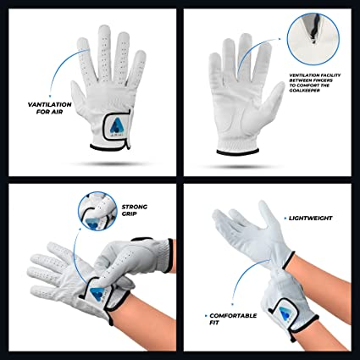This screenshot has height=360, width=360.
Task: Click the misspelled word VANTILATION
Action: coord(49,104)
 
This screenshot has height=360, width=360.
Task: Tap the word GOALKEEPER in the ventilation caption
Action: coord(304,91)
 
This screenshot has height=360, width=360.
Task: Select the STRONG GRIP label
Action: coord(134,210)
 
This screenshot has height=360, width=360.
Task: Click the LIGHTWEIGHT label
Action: coord(310,218)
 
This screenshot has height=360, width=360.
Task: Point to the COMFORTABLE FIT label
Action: coord(233,318)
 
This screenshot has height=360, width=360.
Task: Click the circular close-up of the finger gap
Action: coord(313,39)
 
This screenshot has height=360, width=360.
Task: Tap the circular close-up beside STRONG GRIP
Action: coord(97,211)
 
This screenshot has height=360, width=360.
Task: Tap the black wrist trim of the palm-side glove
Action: coord(238,152)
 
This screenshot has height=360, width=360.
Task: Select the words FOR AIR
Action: coord(49,112)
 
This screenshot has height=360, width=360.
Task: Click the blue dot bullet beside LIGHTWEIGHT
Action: coord(285,219)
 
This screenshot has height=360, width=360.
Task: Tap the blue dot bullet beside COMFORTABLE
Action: coord(205,316)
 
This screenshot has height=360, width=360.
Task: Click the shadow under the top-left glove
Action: coord(110,163)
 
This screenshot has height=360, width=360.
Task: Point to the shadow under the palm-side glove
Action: coord(240,167)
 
